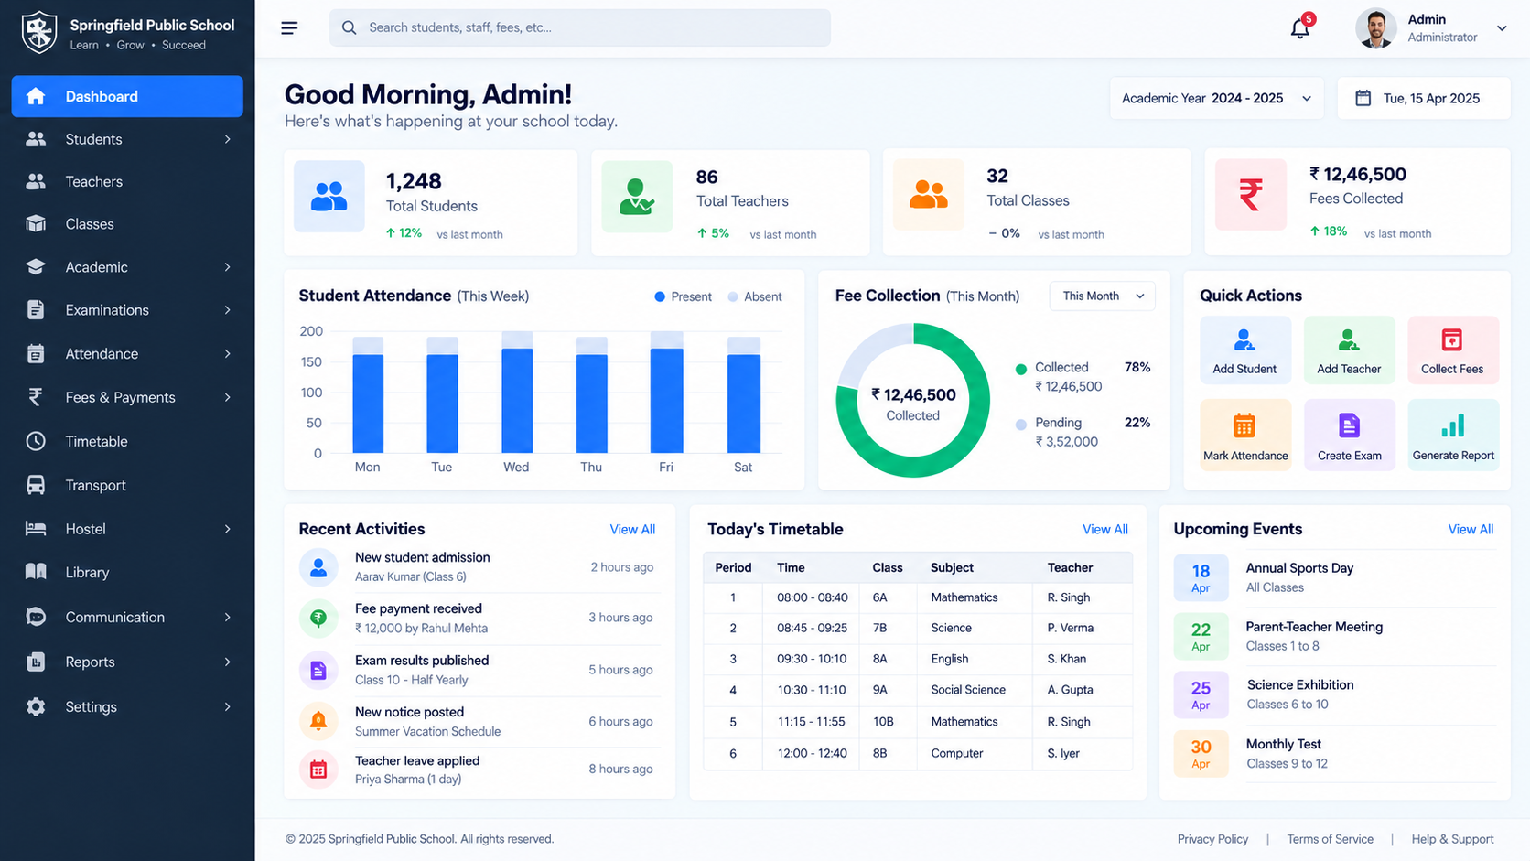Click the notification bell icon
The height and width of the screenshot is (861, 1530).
(1299, 28)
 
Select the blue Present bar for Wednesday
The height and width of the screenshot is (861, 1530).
(517, 401)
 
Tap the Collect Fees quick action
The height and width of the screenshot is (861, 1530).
(1453, 350)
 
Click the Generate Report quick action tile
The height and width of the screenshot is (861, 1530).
(1453, 435)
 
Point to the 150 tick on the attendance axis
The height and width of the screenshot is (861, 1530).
(311, 362)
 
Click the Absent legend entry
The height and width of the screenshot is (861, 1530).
(755, 297)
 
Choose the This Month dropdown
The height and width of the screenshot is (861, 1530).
(1102, 296)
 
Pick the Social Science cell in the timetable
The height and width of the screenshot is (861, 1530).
(968, 690)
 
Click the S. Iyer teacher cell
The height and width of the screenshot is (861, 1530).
(1063, 753)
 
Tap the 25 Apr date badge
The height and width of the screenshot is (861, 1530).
(1201, 695)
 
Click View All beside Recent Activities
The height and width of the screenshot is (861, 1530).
(631, 529)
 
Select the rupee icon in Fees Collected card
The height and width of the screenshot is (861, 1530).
(1251, 195)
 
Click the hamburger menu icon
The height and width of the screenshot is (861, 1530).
(289, 28)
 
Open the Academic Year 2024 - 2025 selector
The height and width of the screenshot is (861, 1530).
(1216, 98)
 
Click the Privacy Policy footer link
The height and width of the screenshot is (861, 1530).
(1212, 839)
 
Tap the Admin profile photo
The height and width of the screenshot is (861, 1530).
(1375, 28)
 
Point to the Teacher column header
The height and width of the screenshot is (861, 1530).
(1070, 567)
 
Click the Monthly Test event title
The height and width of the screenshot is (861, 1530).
(1284, 744)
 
